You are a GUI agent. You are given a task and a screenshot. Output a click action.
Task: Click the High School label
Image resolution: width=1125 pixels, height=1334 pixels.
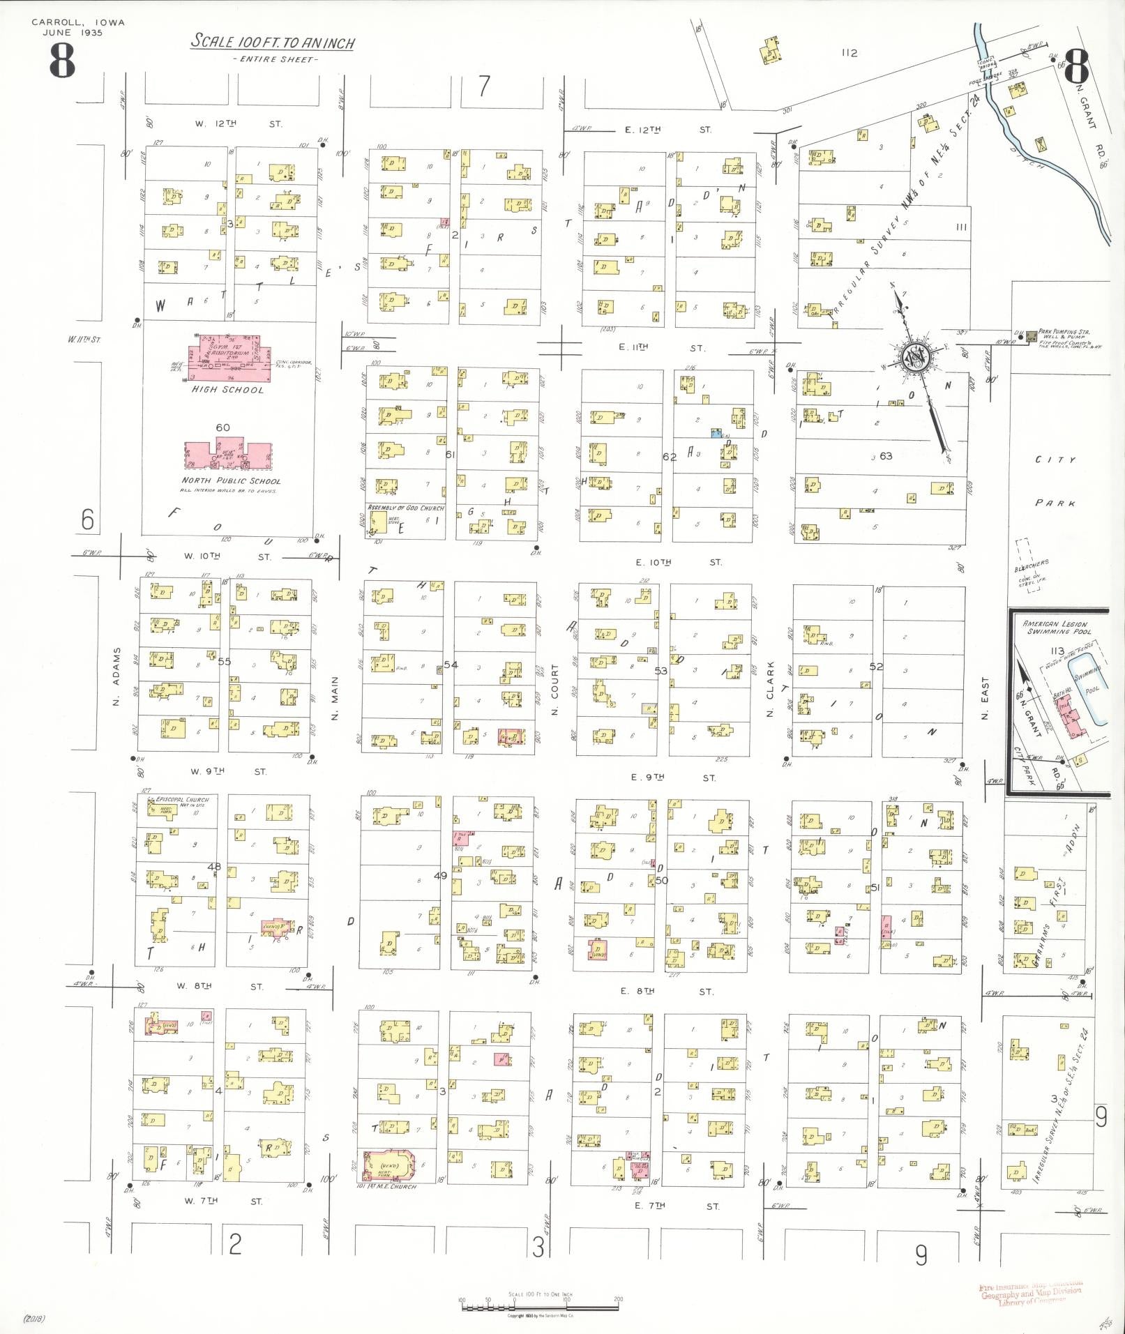coord(228,390)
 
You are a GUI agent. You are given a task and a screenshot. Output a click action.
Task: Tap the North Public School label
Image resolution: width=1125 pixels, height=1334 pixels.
coord(231,480)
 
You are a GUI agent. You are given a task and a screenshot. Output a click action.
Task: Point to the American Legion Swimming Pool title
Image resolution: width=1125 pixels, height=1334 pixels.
coord(1055,628)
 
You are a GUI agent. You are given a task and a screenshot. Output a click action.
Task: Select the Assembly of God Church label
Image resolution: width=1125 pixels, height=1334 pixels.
coord(405,508)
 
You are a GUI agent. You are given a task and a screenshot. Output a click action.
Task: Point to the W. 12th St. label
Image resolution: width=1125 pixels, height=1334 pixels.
coord(238,123)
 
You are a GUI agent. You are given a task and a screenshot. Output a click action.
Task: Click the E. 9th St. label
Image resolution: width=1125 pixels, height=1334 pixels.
coord(670,777)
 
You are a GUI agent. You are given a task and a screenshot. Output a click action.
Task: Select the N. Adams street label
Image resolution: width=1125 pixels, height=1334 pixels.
coord(117,676)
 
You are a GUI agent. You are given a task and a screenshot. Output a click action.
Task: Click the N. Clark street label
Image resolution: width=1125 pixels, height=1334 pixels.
coord(771,681)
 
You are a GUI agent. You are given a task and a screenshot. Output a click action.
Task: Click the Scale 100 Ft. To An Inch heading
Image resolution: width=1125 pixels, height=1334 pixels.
coord(273,42)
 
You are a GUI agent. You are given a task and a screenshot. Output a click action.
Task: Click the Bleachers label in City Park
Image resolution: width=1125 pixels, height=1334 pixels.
coord(1032,565)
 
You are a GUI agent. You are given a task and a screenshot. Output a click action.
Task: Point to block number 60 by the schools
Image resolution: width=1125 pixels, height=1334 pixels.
coord(222,427)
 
